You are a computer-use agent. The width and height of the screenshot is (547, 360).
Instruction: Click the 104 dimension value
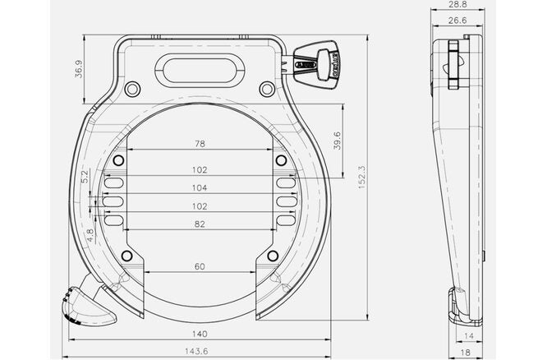click(199, 188)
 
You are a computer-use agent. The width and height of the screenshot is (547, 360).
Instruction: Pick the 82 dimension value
click(199, 224)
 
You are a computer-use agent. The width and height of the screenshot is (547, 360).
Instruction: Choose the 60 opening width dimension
click(199, 266)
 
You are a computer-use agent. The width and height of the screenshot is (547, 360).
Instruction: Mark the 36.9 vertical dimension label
click(78, 70)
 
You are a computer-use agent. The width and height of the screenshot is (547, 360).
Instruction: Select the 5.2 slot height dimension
click(85, 176)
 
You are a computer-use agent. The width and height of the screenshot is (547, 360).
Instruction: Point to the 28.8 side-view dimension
click(459, 5)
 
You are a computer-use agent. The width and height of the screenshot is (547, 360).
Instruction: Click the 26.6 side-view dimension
click(459, 21)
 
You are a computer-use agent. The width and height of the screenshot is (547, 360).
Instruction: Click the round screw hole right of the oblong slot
click(266, 89)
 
